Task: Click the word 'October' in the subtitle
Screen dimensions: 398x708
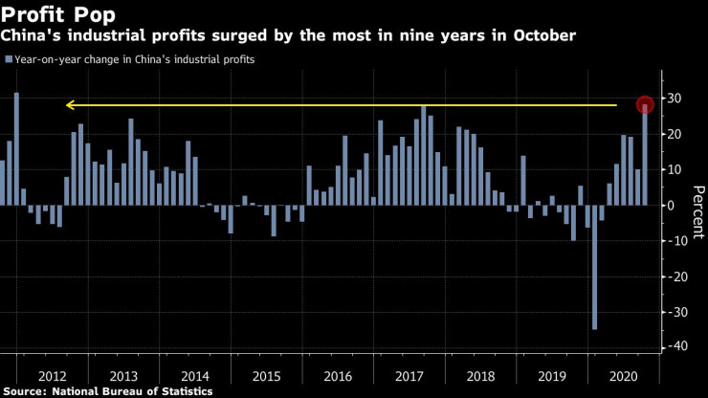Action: click(x=543, y=36)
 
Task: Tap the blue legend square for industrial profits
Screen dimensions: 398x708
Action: click(x=9, y=59)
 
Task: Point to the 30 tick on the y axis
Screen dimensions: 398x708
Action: click(x=675, y=99)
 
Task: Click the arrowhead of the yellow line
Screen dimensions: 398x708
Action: click(x=70, y=105)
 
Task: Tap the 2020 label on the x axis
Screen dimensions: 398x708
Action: click(x=624, y=376)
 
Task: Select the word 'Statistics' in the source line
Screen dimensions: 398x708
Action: click(x=184, y=391)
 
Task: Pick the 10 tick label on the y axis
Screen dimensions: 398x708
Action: click(x=674, y=169)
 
